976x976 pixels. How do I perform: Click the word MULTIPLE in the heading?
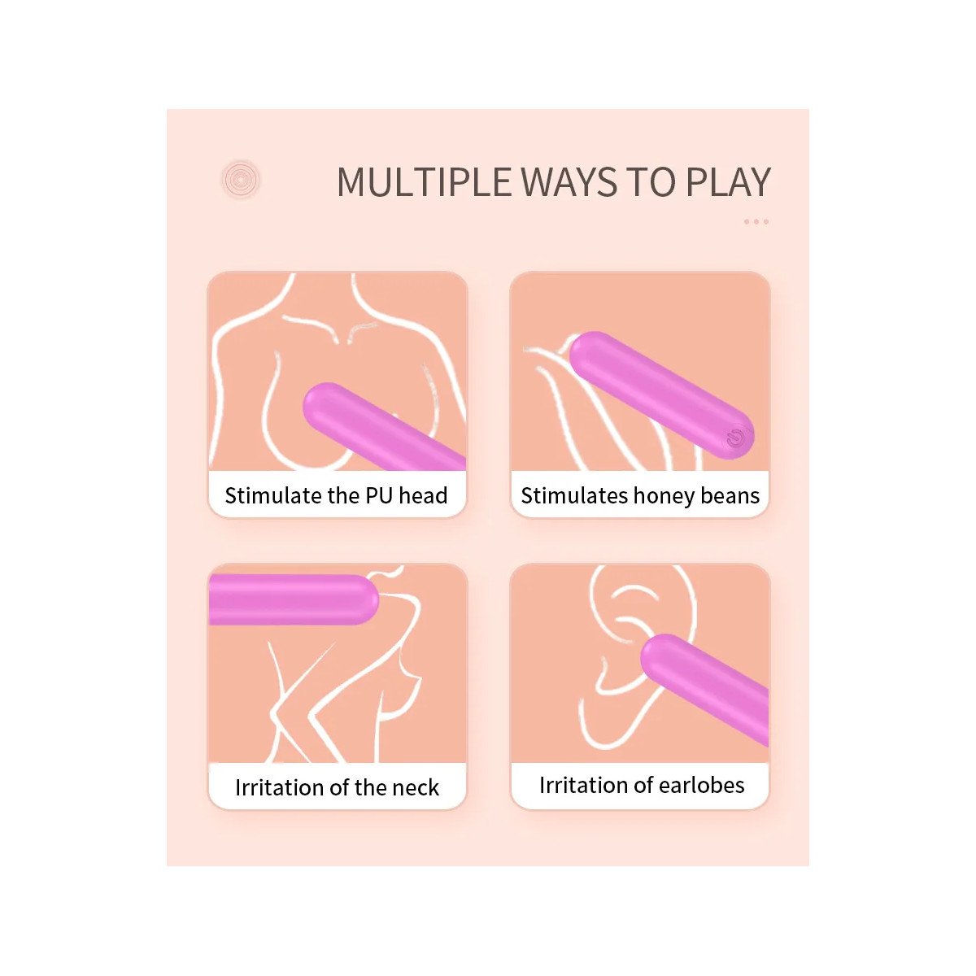[x=425, y=182]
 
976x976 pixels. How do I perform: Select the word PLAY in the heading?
[x=728, y=182]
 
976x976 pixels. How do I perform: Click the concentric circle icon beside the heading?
[x=241, y=179]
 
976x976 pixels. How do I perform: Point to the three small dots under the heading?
[x=756, y=221]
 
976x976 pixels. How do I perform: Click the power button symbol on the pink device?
[x=735, y=438]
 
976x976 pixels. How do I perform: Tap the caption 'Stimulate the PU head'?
[x=336, y=495]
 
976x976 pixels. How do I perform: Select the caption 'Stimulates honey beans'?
[x=640, y=496]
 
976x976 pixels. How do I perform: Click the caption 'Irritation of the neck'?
[x=337, y=787]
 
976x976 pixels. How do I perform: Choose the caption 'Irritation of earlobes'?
[x=642, y=785]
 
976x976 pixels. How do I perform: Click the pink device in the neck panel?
[x=293, y=599]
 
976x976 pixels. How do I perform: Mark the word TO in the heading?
[x=651, y=182]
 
